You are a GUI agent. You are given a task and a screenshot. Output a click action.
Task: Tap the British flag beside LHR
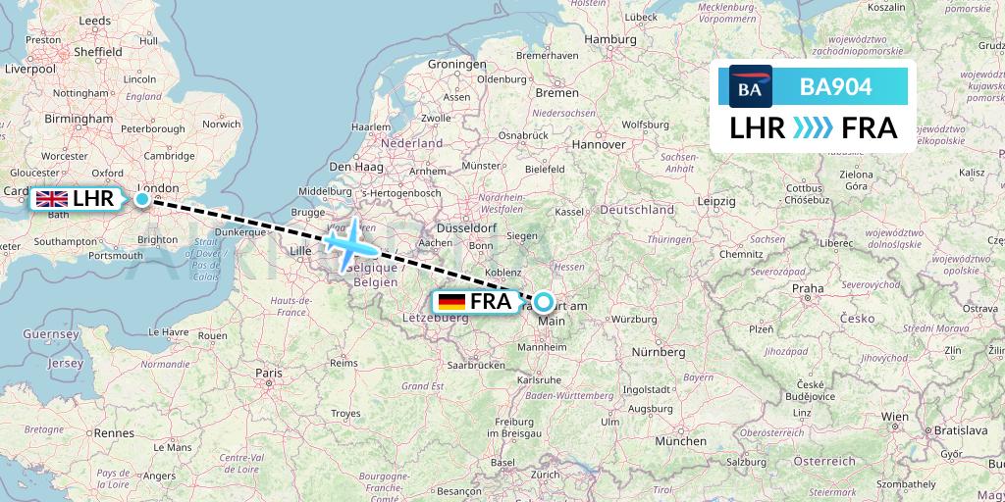click(x=51, y=200)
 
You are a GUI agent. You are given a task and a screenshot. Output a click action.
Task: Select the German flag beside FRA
click(x=451, y=302)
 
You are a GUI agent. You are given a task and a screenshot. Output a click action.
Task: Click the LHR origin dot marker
click(x=142, y=199)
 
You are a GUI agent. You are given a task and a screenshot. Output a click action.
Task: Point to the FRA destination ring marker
click(x=543, y=302)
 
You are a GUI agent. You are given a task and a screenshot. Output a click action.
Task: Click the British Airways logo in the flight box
click(x=751, y=87)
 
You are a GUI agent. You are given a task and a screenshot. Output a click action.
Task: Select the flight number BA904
click(x=835, y=87)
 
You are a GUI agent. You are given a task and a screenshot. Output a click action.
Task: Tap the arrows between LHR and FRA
click(x=814, y=127)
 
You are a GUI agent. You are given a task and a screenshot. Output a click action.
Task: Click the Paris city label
click(x=269, y=373)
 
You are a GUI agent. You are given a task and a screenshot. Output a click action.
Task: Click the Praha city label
click(x=808, y=288)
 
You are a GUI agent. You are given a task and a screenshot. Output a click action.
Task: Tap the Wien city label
click(x=894, y=416)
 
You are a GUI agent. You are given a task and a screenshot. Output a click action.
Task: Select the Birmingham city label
click(x=79, y=119)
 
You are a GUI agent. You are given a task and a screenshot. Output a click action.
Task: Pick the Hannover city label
click(x=600, y=144)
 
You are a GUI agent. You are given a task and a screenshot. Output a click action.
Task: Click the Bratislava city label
click(x=958, y=429)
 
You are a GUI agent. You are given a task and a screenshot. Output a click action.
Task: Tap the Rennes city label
click(x=114, y=432)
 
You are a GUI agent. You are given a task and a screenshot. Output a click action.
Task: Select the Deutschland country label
click(x=637, y=209)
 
